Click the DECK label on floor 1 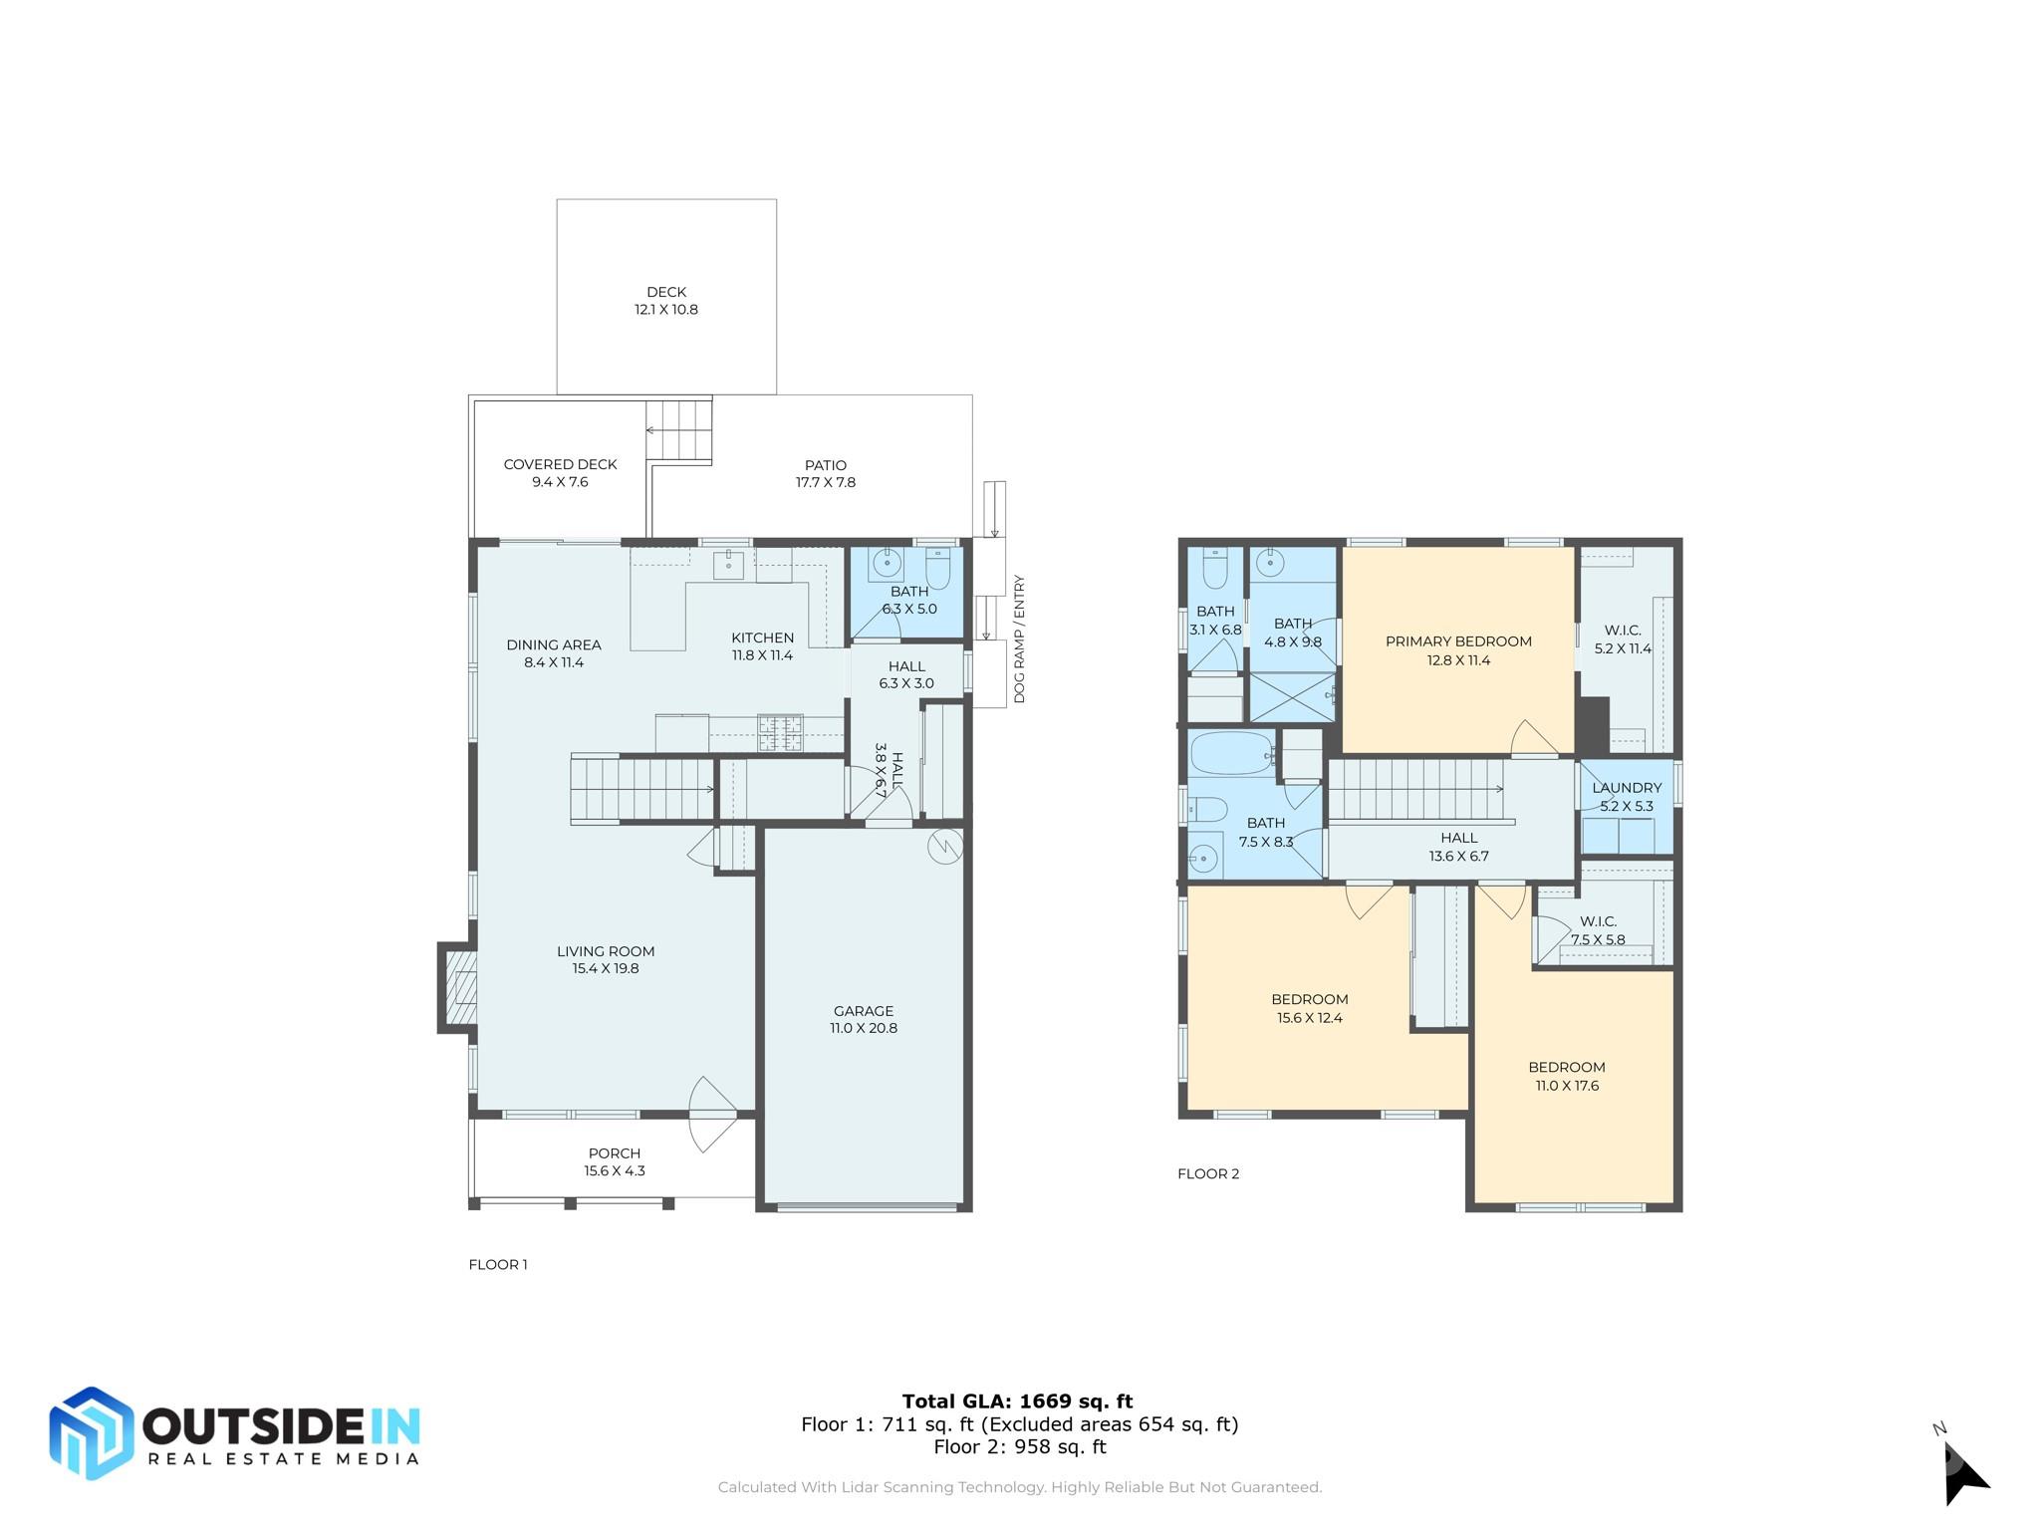[x=666, y=292]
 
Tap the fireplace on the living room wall [x=457, y=987]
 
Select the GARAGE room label [x=864, y=1010]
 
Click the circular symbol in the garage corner [x=945, y=847]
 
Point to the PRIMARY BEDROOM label [x=1458, y=641]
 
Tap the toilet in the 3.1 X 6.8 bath [x=1214, y=567]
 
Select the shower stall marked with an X [x=1292, y=696]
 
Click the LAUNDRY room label [x=1627, y=788]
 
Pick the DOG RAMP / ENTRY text [x=1019, y=639]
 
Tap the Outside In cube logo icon [x=92, y=1432]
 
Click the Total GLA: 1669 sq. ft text [x=1018, y=1402]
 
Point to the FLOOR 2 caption [x=1208, y=1173]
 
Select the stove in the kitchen [x=781, y=733]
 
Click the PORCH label [x=615, y=1153]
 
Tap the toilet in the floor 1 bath [x=938, y=568]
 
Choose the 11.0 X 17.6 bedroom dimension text [x=1567, y=1086]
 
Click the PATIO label [x=826, y=465]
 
